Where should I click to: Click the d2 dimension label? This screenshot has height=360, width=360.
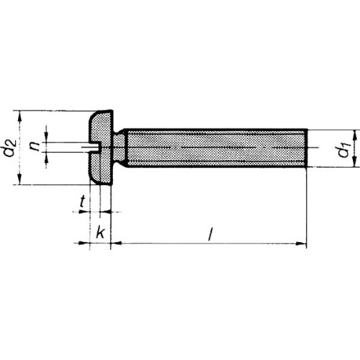11,148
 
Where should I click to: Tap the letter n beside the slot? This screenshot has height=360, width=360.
35,145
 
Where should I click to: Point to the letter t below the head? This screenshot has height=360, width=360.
82,201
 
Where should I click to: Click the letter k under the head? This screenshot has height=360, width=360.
101,232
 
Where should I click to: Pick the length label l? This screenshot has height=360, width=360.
210,234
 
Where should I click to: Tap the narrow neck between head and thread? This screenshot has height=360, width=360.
119,148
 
